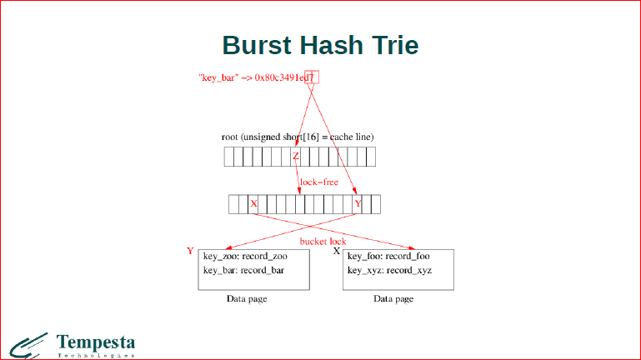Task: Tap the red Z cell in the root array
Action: coord(296,157)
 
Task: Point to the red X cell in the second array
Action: coord(254,204)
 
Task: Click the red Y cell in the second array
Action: coord(358,204)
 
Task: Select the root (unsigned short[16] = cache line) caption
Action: coord(298,137)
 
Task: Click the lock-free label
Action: coord(319,182)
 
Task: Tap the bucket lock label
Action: coord(323,242)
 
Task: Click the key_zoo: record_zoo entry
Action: coord(245,257)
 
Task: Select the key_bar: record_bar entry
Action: coord(244,271)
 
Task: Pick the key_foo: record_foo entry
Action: coord(388,257)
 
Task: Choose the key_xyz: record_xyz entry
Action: coord(389,271)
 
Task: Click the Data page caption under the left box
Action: coord(247,298)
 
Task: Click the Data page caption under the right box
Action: coord(393,298)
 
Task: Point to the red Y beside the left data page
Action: coord(190,251)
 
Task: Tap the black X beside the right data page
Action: coord(337,251)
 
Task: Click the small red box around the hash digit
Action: coord(313,77)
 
